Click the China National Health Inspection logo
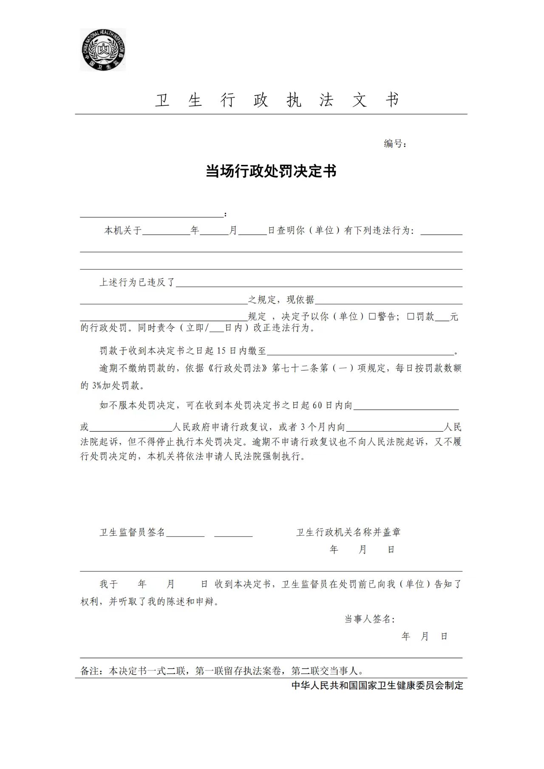click(x=103, y=50)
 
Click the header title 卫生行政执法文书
click(x=277, y=100)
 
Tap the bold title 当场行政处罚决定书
click(x=271, y=171)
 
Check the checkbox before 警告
click(x=372, y=317)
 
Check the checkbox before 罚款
click(x=411, y=317)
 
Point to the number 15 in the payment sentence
click(x=221, y=351)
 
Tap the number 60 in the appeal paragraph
click(x=317, y=405)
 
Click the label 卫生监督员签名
click(x=132, y=532)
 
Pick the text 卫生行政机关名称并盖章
click(x=348, y=532)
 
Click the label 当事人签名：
click(x=369, y=619)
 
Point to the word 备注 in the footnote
click(x=90, y=671)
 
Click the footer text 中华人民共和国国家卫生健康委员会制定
click(x=377, y=685)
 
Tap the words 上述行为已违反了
click(x=137, y=283)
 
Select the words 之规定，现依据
click(x=281, y=300)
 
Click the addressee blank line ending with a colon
click(x=152, y=215)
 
